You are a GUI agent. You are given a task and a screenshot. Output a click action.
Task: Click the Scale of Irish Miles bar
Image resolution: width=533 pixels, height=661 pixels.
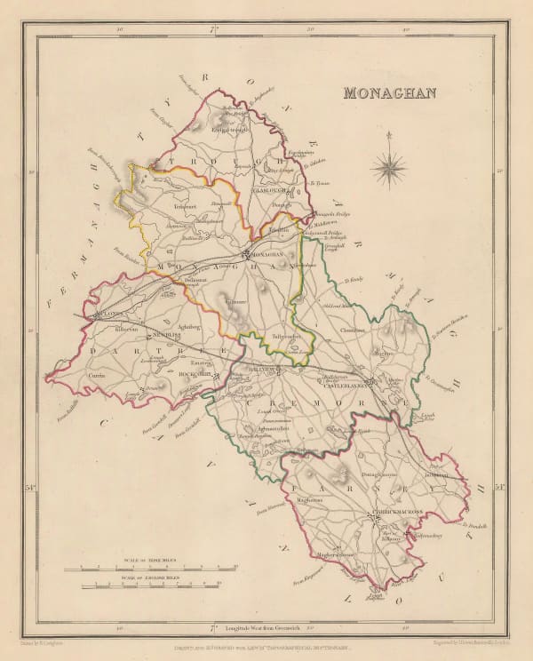click(156, 565)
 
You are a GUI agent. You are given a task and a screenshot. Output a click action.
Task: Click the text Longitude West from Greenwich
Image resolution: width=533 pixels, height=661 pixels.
click(264, 626)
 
